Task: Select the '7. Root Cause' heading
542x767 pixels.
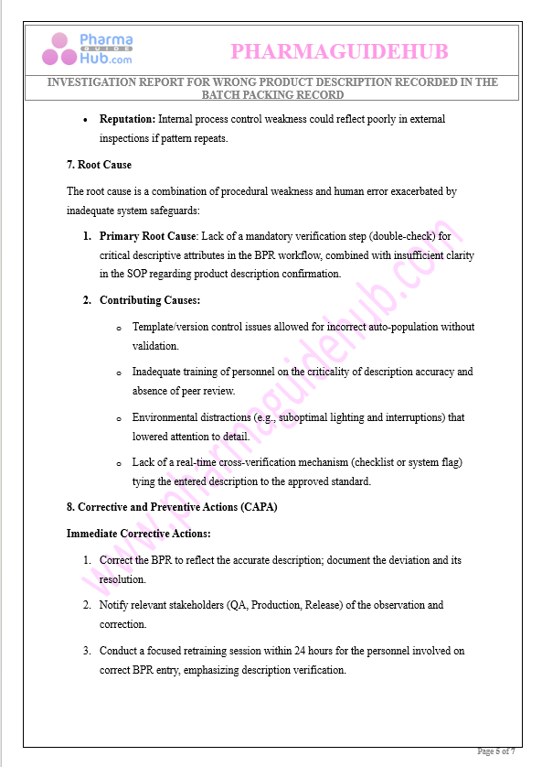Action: click(99, 165)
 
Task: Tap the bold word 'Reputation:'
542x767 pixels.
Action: click(128, 119)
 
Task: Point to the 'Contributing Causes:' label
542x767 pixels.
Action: click(150, 300)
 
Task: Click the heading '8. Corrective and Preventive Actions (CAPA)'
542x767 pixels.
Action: click(172, 506)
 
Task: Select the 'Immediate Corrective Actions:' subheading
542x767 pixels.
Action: click(139, 533)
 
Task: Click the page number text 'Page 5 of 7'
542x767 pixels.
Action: click(496, 751)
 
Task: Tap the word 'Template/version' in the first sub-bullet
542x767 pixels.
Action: click(171, 327)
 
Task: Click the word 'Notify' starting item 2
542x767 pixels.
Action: click(114, 605)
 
